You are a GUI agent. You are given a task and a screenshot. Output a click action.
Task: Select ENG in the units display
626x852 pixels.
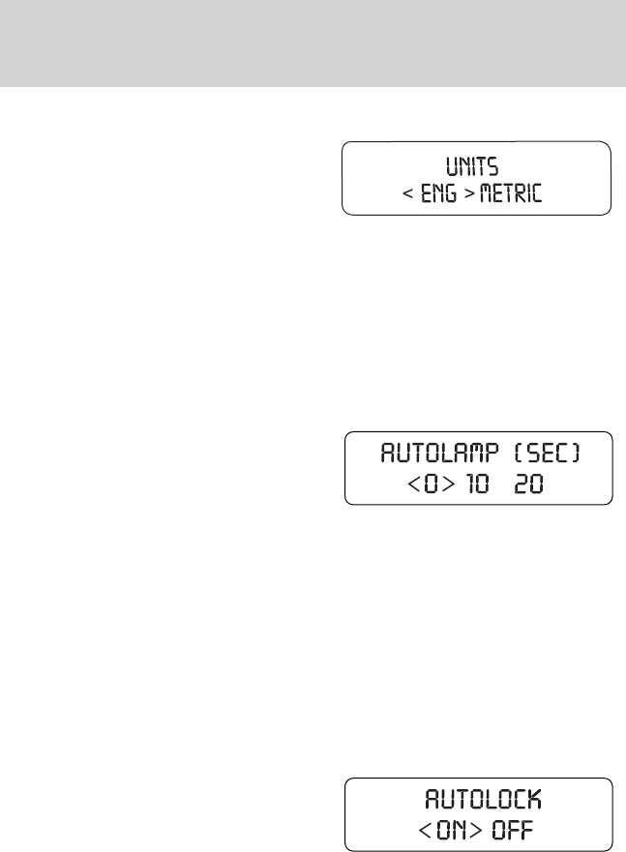click(x=440, y=194)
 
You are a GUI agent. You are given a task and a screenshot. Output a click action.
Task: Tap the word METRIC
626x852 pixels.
click(x=508, y=194)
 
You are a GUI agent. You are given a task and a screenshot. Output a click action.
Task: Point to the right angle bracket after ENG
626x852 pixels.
click(x=468, y=194)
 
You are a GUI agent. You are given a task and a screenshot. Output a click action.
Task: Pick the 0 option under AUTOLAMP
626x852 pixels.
click(x=417, y=485)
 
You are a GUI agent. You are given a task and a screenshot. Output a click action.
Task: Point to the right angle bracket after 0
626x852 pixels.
click(x=435, y=485)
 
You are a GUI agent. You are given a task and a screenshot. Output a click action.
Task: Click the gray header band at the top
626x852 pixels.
click(x=313, y=44)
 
